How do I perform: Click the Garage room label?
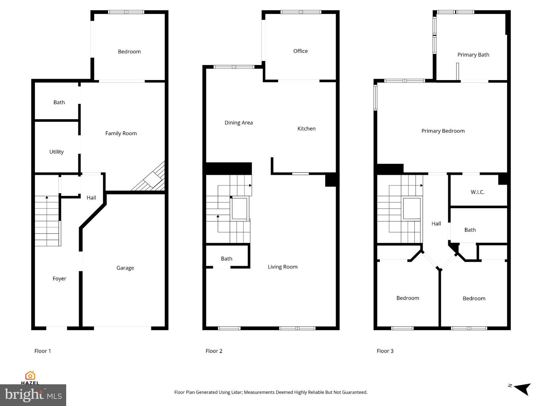(125, 268)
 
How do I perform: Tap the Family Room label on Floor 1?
(121, 133)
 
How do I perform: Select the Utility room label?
(56, 152)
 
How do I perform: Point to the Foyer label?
(59, 279)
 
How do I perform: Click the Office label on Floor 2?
(300, 51)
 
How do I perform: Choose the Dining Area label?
(239, 123)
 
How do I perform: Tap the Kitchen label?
(306, 129)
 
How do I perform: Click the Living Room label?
(283, 267)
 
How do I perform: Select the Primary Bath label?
(473, 55)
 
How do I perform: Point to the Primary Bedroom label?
(443, 131)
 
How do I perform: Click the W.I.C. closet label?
(478, 192)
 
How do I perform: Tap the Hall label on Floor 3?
(436, 224)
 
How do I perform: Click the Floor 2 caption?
(214, 351)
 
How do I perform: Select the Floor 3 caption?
(385, 351)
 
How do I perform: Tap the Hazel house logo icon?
(30, 376)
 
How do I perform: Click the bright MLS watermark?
(33, 395)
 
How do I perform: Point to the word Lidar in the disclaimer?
(236, 392)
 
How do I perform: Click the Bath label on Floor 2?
(227, 259)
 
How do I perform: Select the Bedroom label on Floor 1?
(129, 52)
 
